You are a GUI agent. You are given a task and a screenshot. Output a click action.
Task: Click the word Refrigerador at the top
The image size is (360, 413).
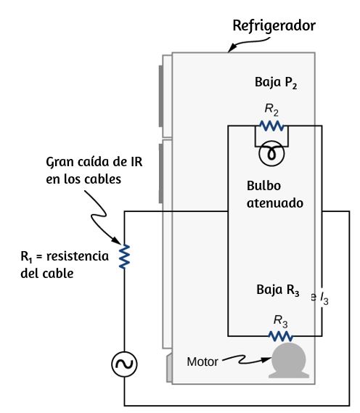coord(274,26)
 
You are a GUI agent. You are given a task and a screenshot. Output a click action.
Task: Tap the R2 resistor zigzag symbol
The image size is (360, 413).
coord(271,126)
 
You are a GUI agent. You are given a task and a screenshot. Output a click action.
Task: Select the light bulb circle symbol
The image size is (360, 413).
coord(271,154)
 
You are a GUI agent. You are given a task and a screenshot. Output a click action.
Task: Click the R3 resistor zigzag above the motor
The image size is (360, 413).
coord(280,336)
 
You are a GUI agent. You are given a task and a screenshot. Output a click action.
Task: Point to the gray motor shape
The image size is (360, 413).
coord(289,360)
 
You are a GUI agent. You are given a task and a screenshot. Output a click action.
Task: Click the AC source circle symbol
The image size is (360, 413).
coord(124,364)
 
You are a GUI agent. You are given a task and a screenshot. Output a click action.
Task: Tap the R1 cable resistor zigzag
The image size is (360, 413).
coord(124,256)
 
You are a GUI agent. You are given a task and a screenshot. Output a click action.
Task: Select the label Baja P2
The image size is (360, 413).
coord(276,83)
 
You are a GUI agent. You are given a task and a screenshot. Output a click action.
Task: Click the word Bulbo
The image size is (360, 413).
coord(263,186)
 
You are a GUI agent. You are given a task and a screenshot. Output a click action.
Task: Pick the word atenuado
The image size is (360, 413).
coord(275,203)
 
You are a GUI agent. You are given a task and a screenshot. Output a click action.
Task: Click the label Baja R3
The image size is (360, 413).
coord(278,290)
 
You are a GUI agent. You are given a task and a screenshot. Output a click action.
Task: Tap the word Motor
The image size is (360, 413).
coord(202,362)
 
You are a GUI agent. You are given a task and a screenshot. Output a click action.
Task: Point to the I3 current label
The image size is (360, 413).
coord(324,299)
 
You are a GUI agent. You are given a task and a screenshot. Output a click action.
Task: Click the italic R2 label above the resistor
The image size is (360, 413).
coord(271,110)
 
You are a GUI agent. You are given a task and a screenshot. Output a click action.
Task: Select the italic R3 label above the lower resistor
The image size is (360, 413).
coord(280,322)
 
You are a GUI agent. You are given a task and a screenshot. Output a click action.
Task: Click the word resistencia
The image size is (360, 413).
coord(78,256)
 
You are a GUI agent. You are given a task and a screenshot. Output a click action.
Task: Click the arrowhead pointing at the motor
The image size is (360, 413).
coord(267,359)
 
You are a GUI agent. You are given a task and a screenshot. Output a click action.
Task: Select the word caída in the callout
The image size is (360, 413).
coord(94,161)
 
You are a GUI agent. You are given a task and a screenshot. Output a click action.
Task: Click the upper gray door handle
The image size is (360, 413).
coord(160,96)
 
